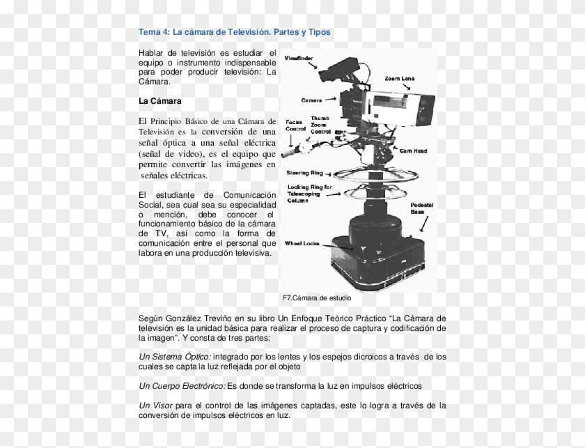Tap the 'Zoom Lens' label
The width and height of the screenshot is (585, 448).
pos(400,78)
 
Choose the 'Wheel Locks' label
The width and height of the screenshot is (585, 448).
pos(302,243)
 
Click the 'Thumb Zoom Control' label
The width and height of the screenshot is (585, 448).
pos(320,125)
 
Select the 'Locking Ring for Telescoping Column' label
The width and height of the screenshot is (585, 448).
pos(309,192)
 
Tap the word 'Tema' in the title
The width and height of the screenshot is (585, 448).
pos(149,32)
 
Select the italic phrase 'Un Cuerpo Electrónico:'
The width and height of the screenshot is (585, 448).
pos(182,385)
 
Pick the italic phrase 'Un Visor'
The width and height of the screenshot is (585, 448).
pos(156,405)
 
